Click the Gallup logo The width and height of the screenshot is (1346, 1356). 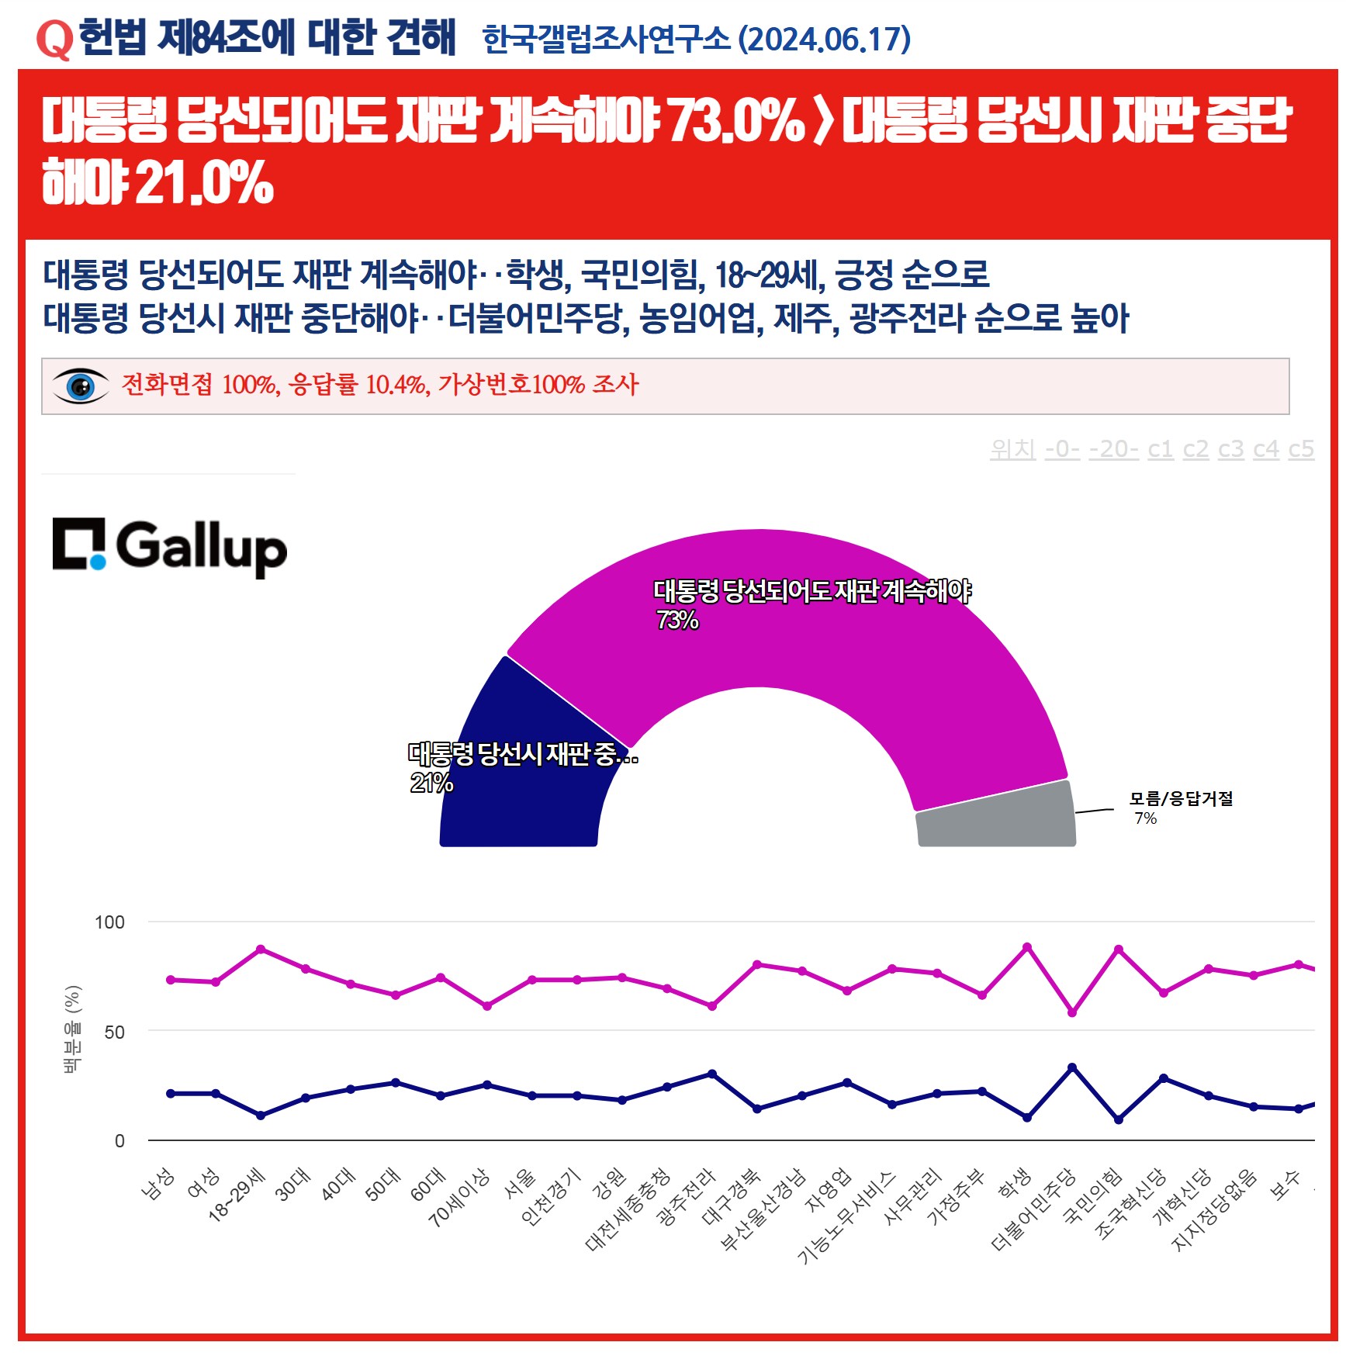click(x=169, y=546)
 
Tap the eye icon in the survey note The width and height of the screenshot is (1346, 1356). click(x=80, y=386)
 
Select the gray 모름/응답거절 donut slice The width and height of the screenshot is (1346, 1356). click(x=996, y=817)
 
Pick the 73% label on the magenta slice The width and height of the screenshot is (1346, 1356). click(x=677, y=620)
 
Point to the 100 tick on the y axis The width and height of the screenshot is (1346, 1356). click(x=109, y=922)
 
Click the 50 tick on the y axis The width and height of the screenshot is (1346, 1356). click(x=114, y=1033)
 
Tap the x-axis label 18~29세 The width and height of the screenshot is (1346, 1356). click(x=237, y=1194)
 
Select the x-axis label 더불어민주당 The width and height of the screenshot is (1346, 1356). click(x=1034, y=1209)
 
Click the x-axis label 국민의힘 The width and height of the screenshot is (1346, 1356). click(x=1092, y=1195)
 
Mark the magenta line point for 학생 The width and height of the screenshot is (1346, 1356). click(x=1027, y=947)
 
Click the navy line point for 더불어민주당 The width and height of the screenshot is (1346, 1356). click(x=1072, y=1067)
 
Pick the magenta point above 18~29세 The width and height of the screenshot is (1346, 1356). click(x=261, y=949)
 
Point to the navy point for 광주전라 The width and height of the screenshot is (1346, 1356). click(x=712, y=1074)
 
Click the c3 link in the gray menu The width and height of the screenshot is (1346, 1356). click(x=1230, y=449)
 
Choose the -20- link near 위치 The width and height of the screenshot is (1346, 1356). click(x=1113, y=449)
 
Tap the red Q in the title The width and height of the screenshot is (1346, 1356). click(x=54, y=39)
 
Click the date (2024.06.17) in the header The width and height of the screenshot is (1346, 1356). click(x=824, y=40)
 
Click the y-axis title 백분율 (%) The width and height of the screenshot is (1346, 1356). click(x=72, y=1029)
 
